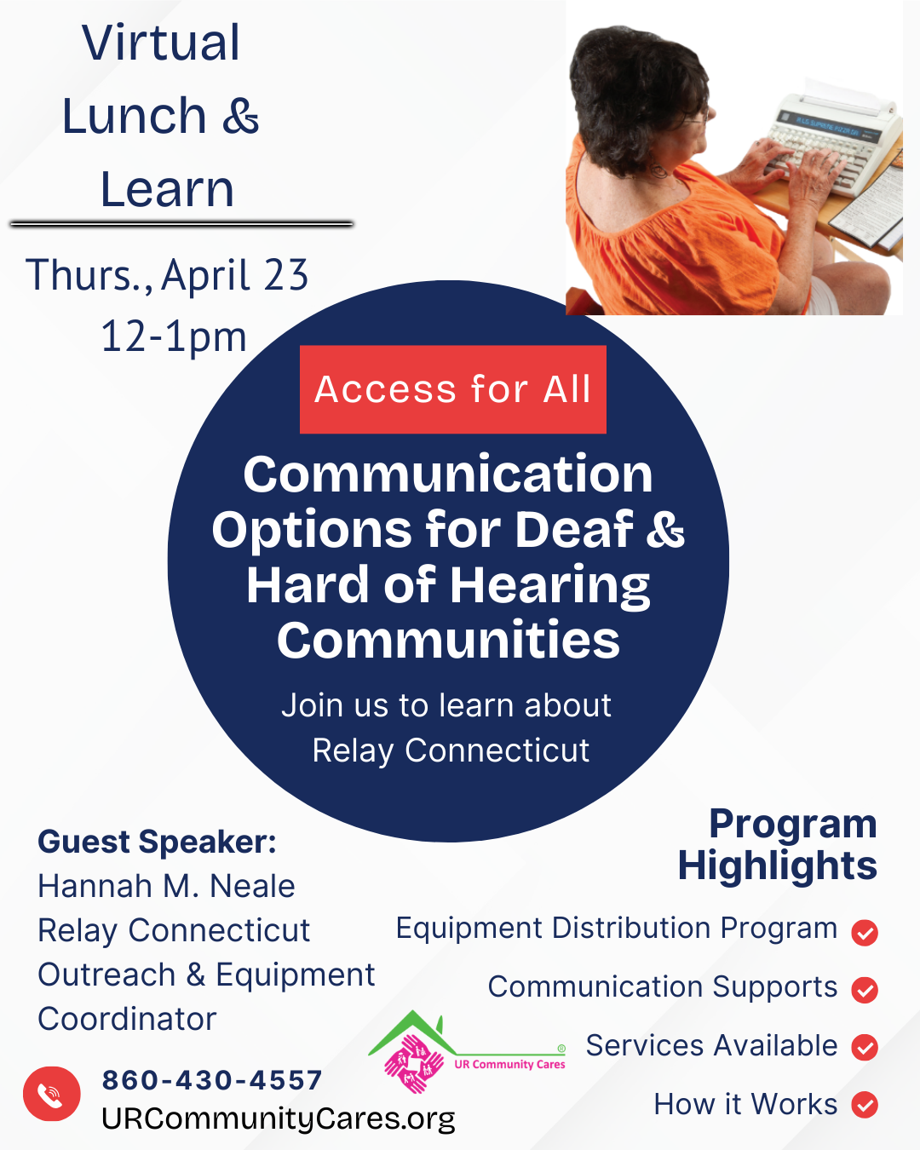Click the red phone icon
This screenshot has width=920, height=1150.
coord(51,1094)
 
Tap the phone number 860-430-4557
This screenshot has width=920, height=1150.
coord(212,1079)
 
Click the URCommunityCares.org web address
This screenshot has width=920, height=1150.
coord(278,1118)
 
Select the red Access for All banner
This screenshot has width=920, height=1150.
coord(453,389)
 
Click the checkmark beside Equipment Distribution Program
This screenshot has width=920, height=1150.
coord(865,933)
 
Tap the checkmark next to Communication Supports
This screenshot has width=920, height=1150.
coord(865,990)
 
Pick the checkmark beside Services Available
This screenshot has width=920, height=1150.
coord(865,1047)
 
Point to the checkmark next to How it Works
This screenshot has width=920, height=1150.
coord(865,1105)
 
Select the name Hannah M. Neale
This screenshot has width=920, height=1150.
coord(166,886)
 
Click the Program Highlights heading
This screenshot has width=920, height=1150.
coord(778,845)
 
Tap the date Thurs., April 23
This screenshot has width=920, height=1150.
coord(167,274)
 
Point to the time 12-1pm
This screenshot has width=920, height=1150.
coord(174,337)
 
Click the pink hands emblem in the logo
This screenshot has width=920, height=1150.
coord(414,1063)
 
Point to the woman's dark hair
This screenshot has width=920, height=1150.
coord(636,96)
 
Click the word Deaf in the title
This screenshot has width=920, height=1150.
coord(573,530)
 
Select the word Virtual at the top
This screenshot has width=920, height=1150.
coord(161,43)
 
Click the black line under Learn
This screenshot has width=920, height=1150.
coord(181,224)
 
